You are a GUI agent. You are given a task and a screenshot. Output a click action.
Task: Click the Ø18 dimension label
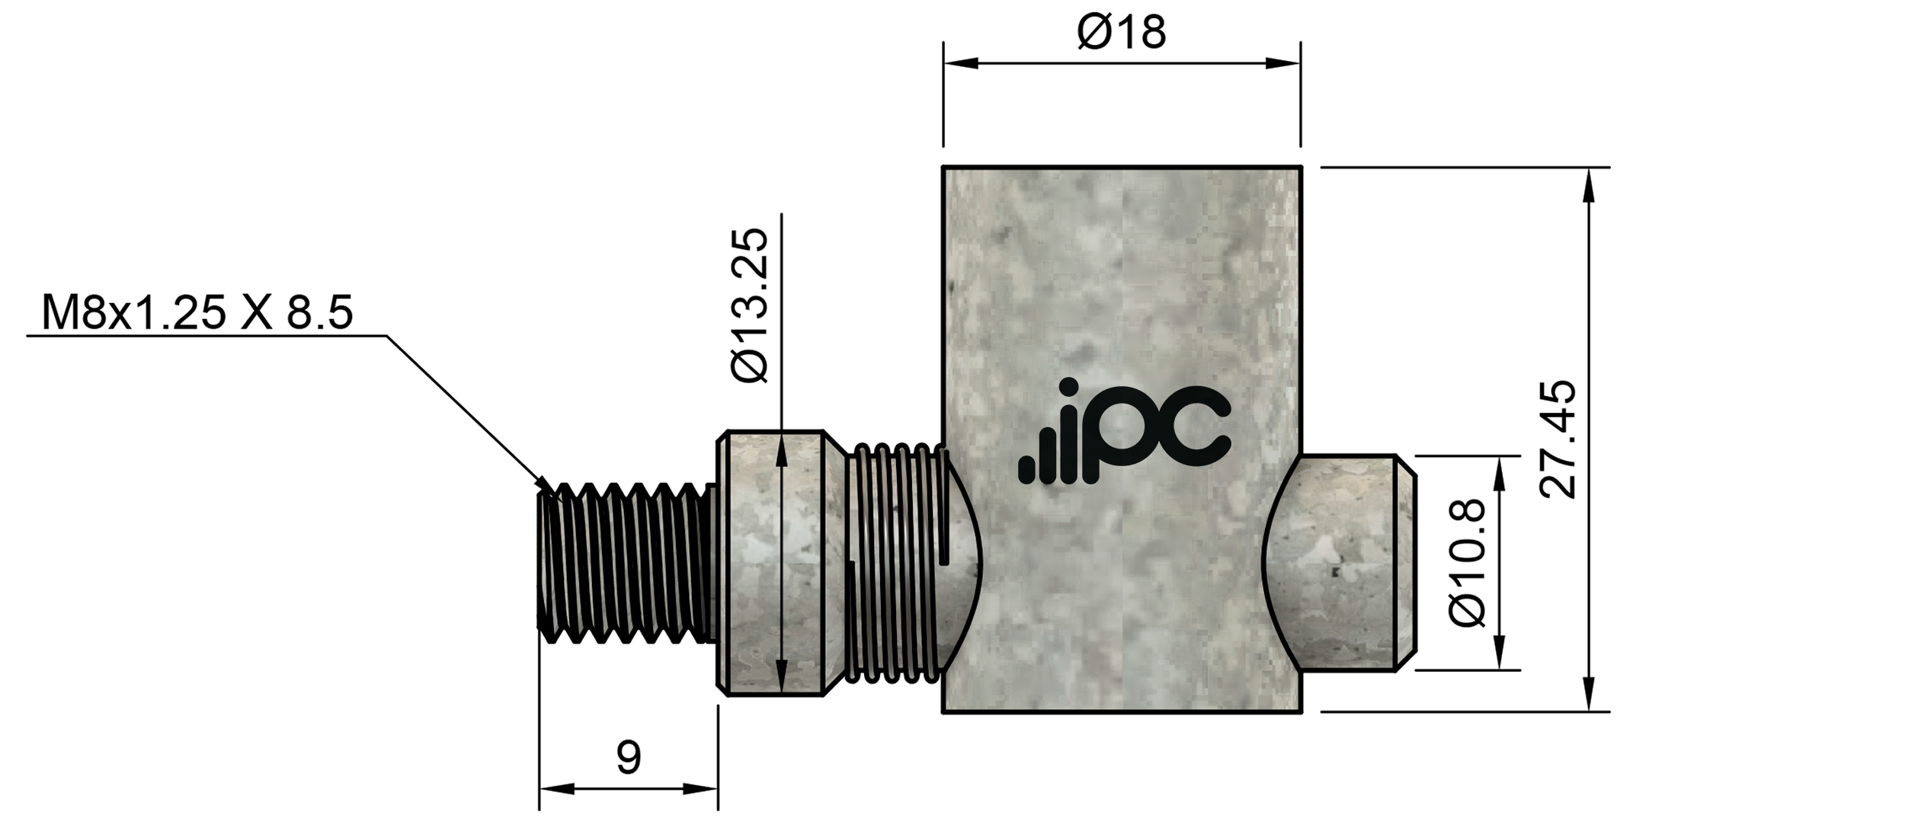pyautogui.click(x=1121, y=33)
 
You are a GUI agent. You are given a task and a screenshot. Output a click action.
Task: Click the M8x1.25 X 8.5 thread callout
pyautogui.click(x=197, y=313)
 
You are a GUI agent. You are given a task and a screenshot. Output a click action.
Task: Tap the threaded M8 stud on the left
pyautogui.click(x=625, y=562)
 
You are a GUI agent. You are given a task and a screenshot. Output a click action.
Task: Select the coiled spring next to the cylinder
pyautogui.click(x=895, y=562)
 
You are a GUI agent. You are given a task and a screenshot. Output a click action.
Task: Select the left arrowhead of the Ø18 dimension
pyautogui.click(x=960, y=63)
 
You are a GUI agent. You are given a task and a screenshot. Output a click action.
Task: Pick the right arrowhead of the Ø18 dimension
pyautogui.click(x=1283, y=63)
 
